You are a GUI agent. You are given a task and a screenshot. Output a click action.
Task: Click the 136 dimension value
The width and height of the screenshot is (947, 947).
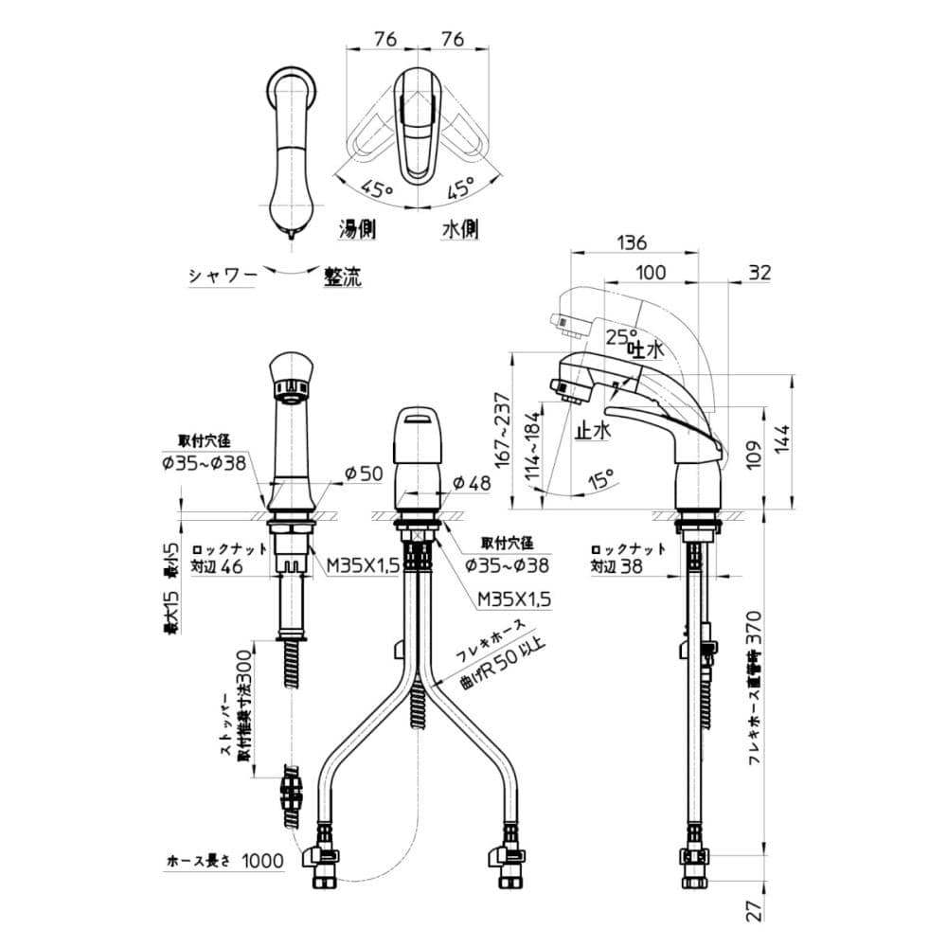632,242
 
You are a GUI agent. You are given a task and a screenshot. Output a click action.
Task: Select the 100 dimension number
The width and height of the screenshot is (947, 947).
650,273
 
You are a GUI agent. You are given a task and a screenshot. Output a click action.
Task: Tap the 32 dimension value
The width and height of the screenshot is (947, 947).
759,273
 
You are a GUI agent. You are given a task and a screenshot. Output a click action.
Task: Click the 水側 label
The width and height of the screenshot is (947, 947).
459,228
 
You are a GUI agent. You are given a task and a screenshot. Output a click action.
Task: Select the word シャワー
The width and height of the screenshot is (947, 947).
223,277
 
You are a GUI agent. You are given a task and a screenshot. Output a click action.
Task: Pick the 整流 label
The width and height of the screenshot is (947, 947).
342,277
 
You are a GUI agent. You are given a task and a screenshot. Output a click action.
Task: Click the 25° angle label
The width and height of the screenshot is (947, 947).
621,336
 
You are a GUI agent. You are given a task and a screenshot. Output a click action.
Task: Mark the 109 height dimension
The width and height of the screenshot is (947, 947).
755,452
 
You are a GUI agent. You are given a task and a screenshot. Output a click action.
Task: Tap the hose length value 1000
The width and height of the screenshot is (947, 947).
262,861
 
